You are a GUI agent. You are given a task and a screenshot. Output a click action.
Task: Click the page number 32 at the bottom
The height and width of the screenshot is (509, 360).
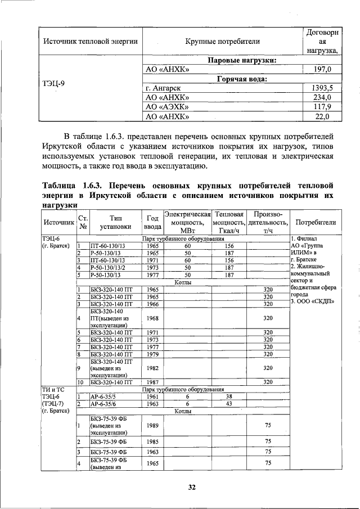coord(191,488)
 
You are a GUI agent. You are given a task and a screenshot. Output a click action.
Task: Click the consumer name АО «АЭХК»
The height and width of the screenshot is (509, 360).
coord(167,107)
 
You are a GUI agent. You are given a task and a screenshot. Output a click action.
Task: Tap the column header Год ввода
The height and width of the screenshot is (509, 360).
coord(152,222)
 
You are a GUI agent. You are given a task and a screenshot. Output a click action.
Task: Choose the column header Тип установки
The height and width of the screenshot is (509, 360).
coord(115,222)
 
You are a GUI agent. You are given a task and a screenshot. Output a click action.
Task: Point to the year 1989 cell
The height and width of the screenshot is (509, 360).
coord(152,425)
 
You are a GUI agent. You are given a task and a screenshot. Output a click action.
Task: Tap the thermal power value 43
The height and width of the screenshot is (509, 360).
coord(229,403)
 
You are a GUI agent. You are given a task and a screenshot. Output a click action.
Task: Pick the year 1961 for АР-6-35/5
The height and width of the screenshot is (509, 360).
coord(152,396)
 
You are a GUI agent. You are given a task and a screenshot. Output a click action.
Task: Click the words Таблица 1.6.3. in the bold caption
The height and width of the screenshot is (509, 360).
coord(73,185)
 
